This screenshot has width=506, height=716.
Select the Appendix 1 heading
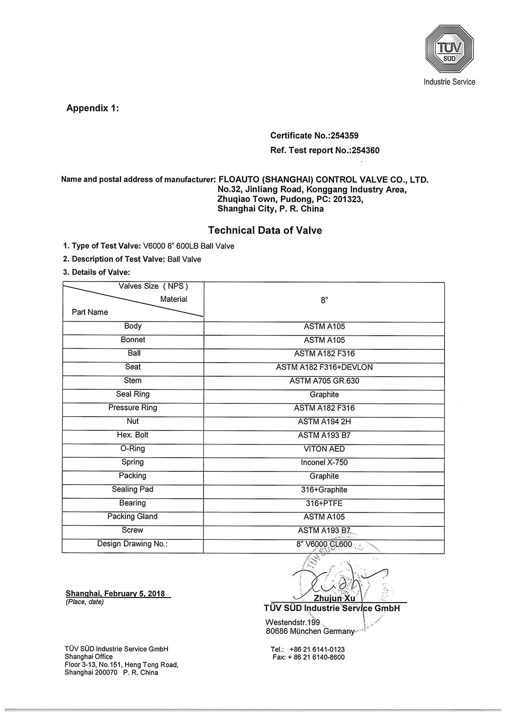click(x=93, y=108)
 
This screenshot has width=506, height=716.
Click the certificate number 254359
click(x=344, y=136)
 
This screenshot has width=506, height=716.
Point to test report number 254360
click(x=363, y=150)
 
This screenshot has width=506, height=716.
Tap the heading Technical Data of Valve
click(x=265, y=230)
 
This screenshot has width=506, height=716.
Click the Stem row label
click(x=133, y=381)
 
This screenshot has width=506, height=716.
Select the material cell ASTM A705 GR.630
click(x=324, y=381)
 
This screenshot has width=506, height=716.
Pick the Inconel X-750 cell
click(x=324, y=462)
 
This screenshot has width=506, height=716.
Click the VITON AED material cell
click(x=324, y=449)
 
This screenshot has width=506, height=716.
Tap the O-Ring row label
click(x=133, y=449)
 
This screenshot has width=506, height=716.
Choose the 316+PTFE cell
click(x=324, y=503)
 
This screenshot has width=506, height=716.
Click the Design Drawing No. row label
click(x=133, y=544)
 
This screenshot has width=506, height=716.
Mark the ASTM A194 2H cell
click(x=324, y=421)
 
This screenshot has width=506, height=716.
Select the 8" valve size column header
click(x=324, y=300)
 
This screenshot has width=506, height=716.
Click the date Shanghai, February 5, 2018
click(x=115, y=593)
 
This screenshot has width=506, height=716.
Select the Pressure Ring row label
click(x=133, y=408)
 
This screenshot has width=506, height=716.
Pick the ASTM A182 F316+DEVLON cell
click(x=324, y=367)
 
